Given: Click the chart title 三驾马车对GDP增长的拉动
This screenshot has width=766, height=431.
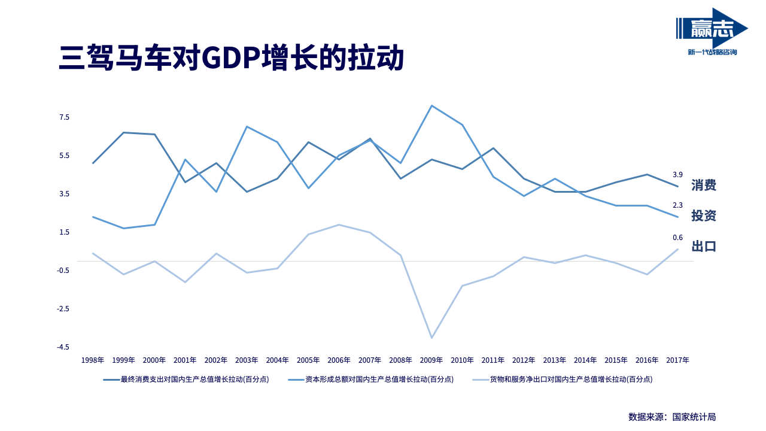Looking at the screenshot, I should pyautogui.click(x=231, y=58).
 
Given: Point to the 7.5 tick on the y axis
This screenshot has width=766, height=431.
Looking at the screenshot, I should pyautogui.click(x=64, y=117).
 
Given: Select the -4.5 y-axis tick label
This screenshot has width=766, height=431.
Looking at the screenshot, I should pyautogui.click(x=63, y=347).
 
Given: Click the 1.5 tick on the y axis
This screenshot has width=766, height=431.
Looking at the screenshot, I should pyautogui.click(x=64, y=232).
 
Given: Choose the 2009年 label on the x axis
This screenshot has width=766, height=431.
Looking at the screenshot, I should pyautogui.click(x=431, y=360).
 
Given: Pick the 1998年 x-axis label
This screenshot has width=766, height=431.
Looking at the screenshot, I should pyautogui.click(x=93, y=360).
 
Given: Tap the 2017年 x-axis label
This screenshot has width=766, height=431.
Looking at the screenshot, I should pyautogui.click(x=677, y=360).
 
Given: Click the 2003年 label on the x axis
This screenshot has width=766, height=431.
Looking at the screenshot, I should pyautogui.click(x=247, y=360).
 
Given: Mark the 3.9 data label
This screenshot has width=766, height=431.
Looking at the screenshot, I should pyautogui.click(x=677, y=175).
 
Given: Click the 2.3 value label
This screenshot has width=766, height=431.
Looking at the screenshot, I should pyautogui.click(x=677, y=205).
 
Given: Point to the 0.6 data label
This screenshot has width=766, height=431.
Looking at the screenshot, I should pyautogui.click(x=677, y=238).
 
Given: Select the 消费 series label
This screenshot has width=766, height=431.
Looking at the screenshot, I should pyautogui.click(x=704, y=185).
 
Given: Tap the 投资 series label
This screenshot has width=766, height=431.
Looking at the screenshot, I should pyautogui.click(x=704, y=215).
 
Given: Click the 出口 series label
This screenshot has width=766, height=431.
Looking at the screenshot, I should pyautogui.click(x=704, y=246).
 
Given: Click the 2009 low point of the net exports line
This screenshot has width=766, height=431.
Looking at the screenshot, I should pyautogui.click(x=431, y=338).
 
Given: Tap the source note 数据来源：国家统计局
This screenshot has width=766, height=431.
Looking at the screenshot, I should pyautogui.click(x=672, y=417).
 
